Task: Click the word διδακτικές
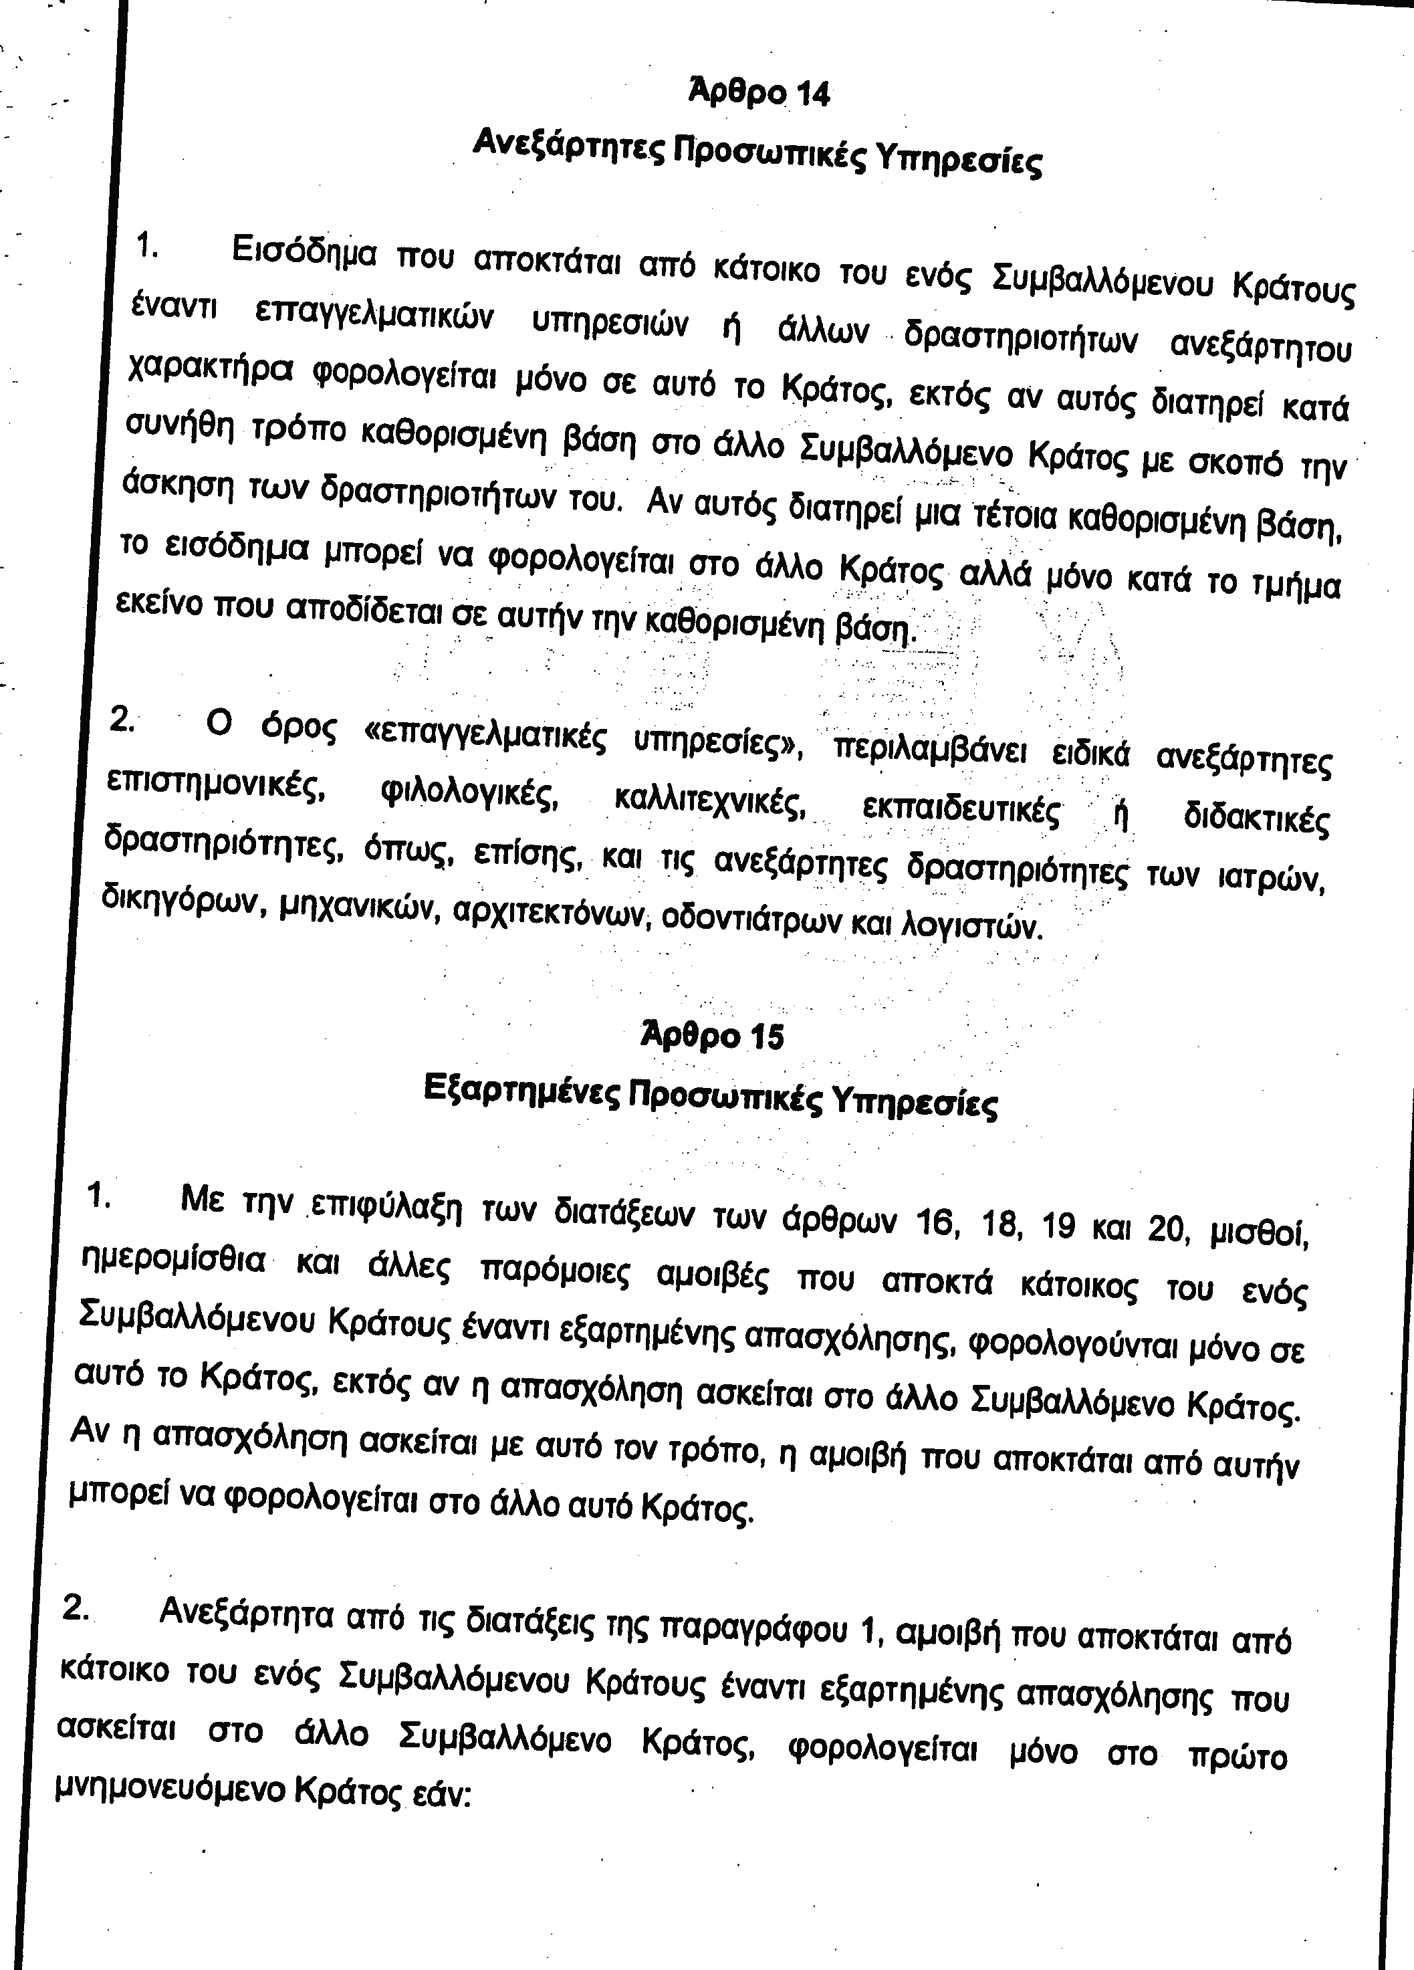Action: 1256,818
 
